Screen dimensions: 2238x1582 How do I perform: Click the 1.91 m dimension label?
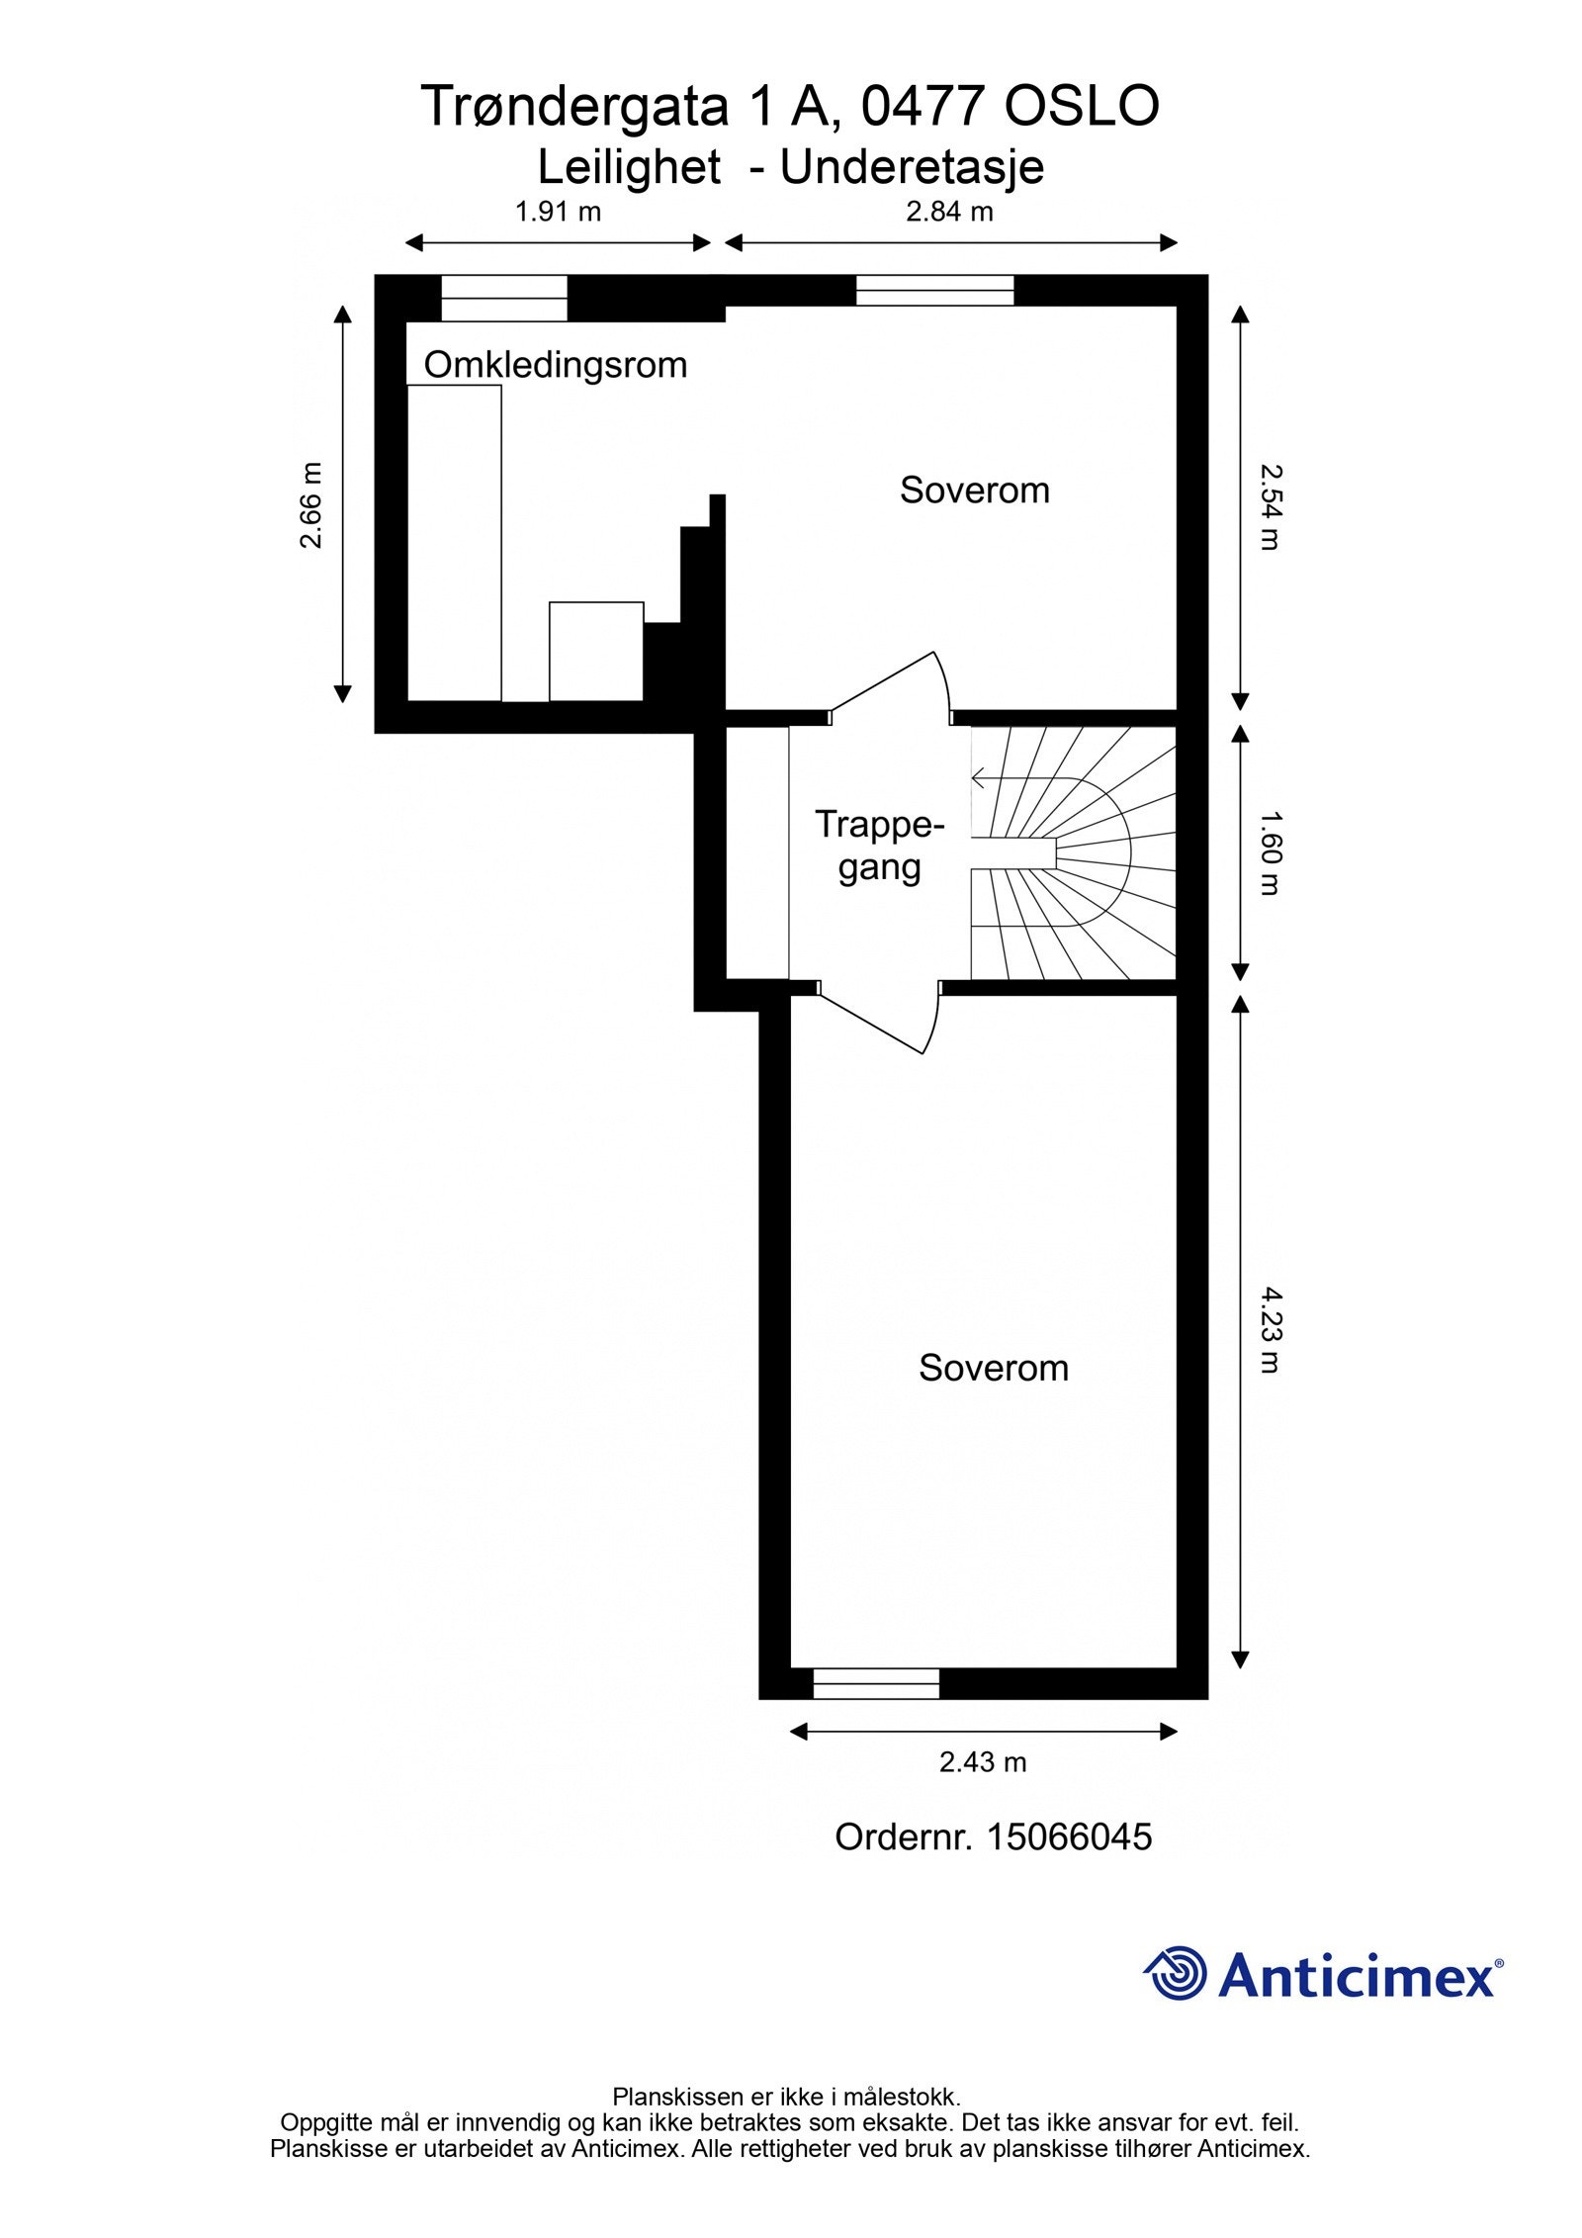(x=558, y=212)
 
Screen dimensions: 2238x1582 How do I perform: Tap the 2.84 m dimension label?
(x=949, y=212)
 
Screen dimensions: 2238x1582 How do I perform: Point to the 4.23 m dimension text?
(x=1270, y=1329)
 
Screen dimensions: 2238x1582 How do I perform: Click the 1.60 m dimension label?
(x=1270, y=852)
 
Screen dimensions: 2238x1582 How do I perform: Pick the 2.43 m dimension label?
(x=983, y=1761)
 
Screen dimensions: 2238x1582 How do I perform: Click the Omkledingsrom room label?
(x=555, y=365)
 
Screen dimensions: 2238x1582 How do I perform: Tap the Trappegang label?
(x=879, y=846)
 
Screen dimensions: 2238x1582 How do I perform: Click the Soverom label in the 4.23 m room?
(x=993, y=1368)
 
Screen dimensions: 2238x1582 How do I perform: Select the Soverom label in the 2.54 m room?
(x=974, y=491)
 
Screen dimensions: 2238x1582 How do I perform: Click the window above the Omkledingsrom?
(x=504, y=298)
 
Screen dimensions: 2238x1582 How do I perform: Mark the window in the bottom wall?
(x=875, y=1683)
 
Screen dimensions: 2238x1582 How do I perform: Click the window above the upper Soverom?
(x=934, y=290)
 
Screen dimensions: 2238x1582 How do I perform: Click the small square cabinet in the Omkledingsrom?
(x=596, y=651)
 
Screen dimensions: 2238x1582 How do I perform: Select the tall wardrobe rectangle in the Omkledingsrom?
(x=454, y=542)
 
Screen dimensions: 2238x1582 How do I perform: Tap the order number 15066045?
(x=993, y=1836)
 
